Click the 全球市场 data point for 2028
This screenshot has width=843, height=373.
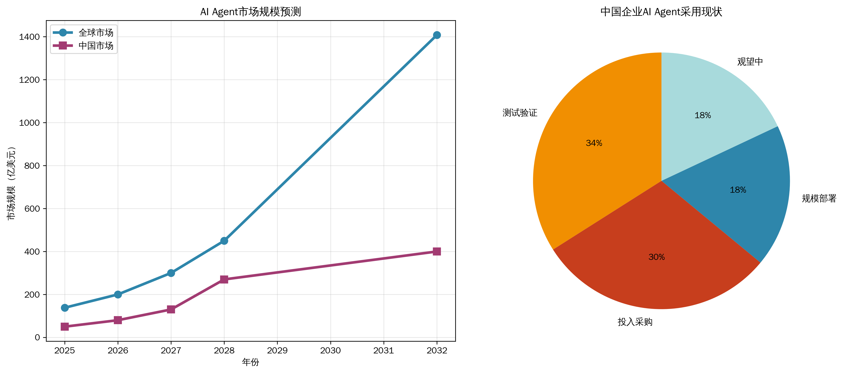click(x=224, y=241)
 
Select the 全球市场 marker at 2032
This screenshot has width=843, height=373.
click(x=436, y=35)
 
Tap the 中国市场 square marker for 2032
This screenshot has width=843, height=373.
click(x=436, y=251)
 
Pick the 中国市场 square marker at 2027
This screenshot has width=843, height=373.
click(x=171, y=309)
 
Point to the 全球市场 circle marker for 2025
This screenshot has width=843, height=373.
click(x=65, y=308)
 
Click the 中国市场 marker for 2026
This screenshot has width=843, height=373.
click(x=118, y=320)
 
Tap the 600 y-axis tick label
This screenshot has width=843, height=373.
click(x=32, y=209)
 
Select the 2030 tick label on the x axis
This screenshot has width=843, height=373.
click(x=331, y=351)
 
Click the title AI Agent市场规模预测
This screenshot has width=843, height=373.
click(x=251, y=12)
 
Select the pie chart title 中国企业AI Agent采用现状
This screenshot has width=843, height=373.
click(x=661, y=12)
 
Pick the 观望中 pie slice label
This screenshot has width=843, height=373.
click(x=750, y=62)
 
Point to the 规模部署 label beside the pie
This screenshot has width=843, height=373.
click(x=819, y=198)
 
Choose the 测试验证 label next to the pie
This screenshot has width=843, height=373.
click(x=520, y=113)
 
